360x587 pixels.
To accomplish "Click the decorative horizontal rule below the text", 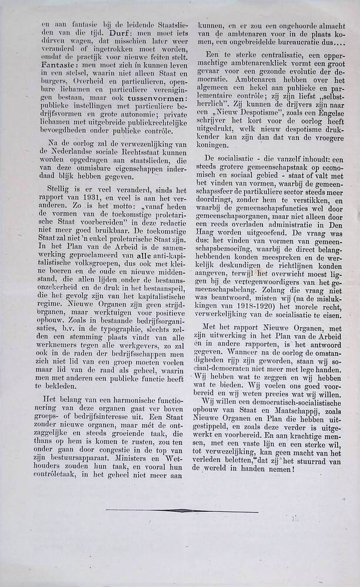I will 181,511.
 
